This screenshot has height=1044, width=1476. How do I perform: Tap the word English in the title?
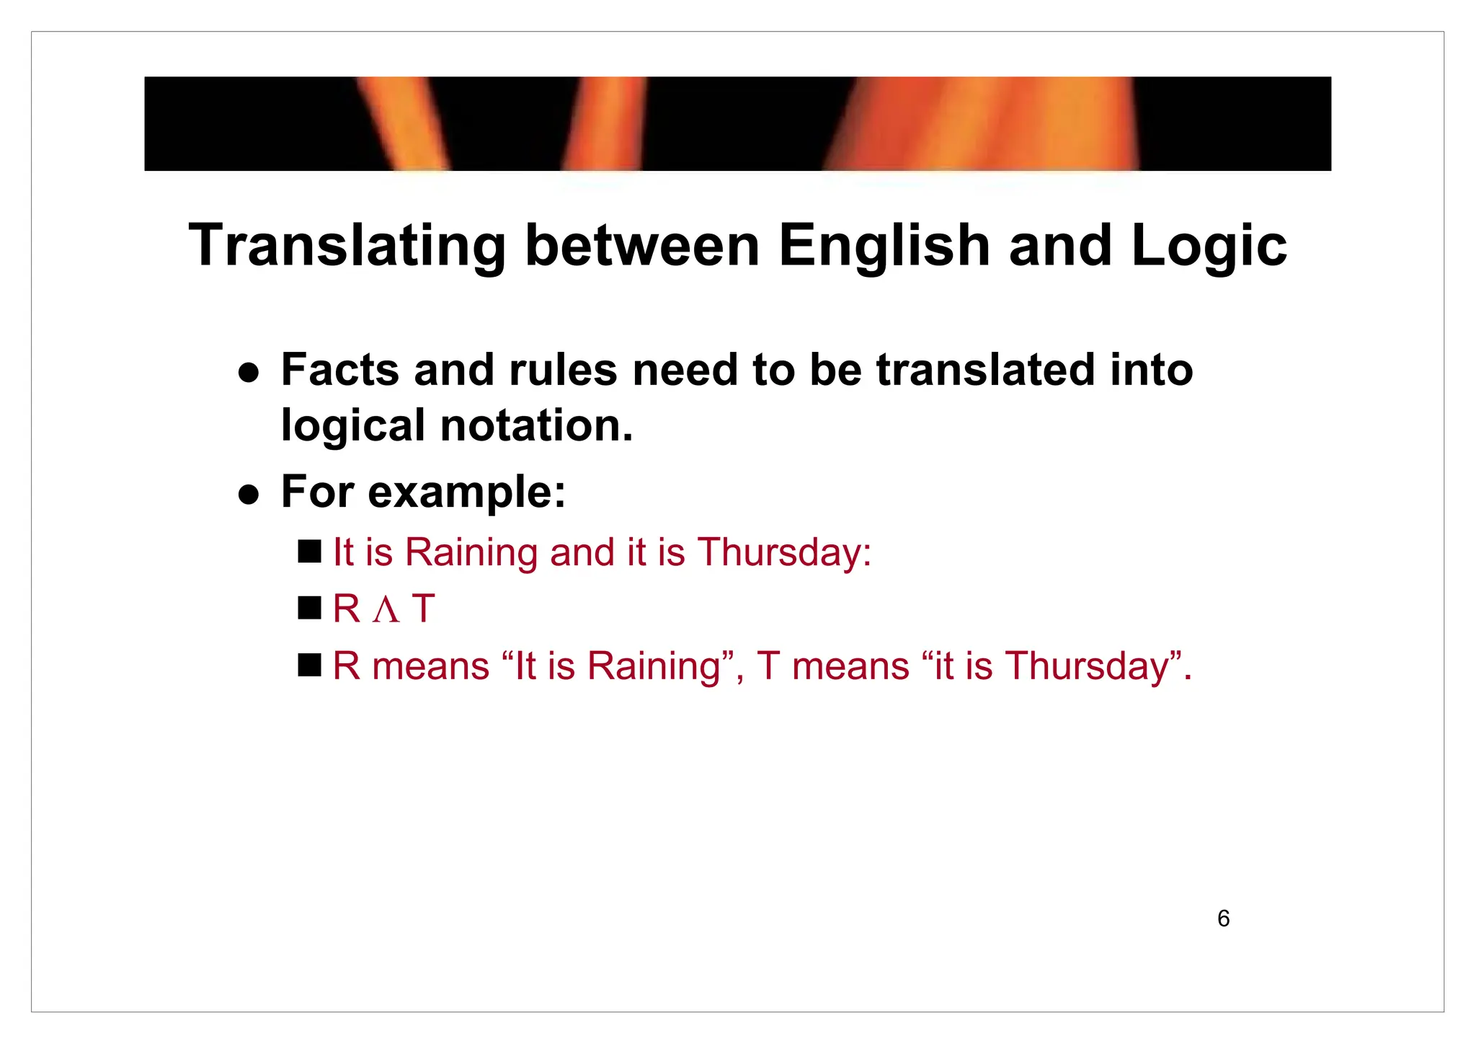click(884, 247)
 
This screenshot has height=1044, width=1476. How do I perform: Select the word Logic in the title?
click(1209, 247)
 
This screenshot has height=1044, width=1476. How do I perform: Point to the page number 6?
click(1223, 919)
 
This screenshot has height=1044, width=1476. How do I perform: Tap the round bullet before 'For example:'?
click(249, 495)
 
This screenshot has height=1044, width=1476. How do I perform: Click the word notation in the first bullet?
click(536, 425)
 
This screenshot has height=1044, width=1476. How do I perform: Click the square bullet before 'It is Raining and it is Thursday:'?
click(309, 552)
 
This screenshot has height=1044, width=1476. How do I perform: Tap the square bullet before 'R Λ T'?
click(309, 608)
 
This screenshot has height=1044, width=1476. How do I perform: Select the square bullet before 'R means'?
click(309, 665)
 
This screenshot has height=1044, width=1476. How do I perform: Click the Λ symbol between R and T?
click(386, 610)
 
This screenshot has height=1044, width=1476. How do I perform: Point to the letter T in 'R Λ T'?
click(424, 609)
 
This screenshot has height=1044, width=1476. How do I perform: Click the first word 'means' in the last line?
click(431, 667)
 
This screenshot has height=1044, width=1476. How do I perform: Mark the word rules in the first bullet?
click(563, 370)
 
